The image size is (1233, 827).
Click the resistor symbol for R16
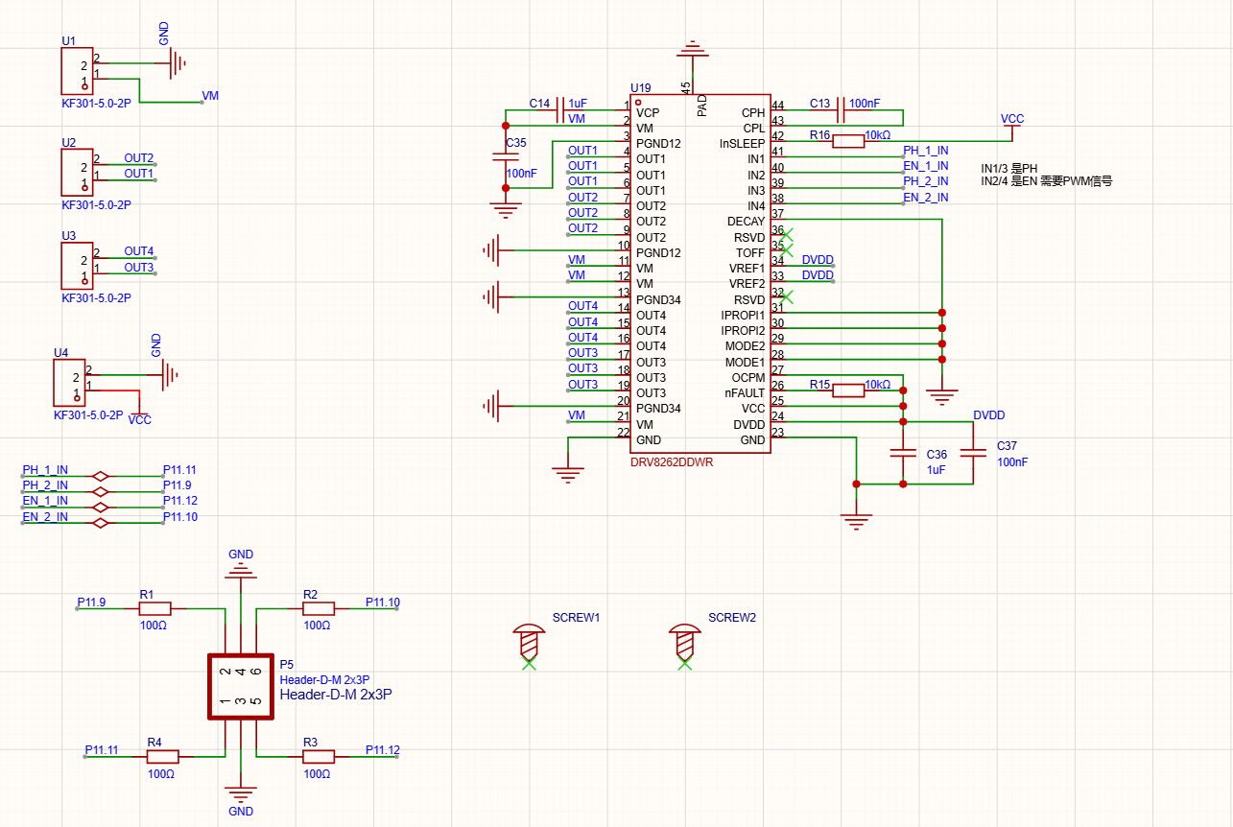click(847, 141)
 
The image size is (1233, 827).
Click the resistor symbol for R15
click(847, 390)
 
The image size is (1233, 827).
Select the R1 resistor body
click(154, 608)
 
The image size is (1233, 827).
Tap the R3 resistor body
click(319, 757)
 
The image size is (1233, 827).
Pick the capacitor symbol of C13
click(840, 110)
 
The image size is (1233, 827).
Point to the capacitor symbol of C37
click(973, 453)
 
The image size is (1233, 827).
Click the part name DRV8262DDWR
click(672, 462)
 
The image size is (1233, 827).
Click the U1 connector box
click(77, 71)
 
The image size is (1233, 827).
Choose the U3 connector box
click(77, 266)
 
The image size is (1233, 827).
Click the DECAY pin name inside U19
click(746, 222)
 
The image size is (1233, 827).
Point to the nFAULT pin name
click(745, 392)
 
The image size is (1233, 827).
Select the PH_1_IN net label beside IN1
click(926, 151)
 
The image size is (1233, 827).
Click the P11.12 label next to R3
click(383, 750)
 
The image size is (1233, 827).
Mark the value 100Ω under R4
click(161, 773)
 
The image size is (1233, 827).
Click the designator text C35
click(516, 143)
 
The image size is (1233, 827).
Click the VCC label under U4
click(140, 420)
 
